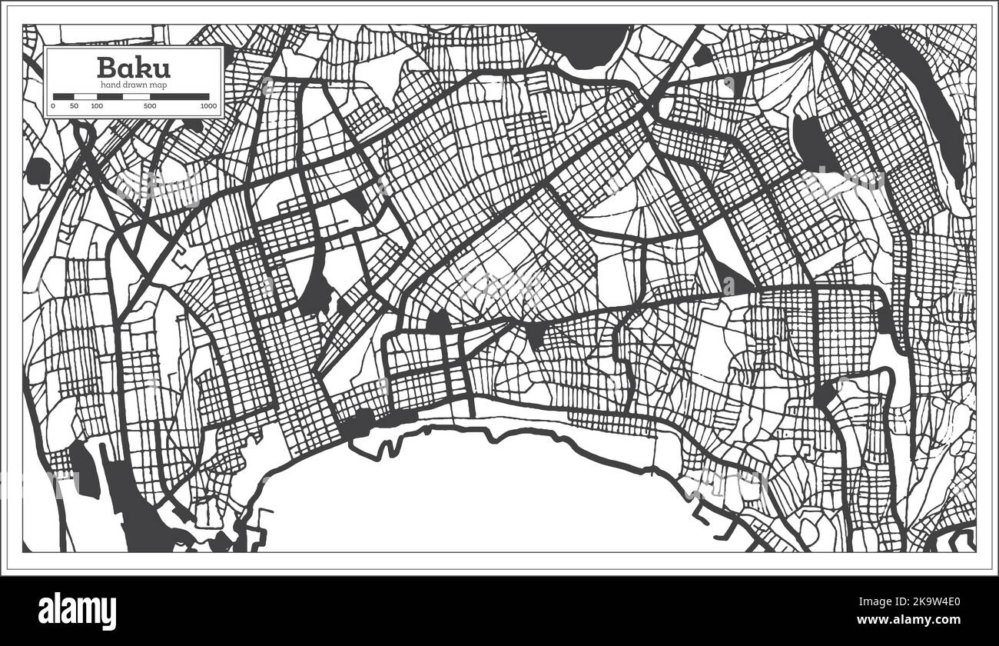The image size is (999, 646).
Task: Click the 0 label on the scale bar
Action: pos(53,105)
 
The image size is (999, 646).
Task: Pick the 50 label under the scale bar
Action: pos(74,105)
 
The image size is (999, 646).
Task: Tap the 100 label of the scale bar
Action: pos(97,105)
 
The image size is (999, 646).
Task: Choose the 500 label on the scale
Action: pos(150,105)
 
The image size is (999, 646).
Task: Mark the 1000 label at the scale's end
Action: pos(207,105)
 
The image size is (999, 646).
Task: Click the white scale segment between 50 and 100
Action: pos(85,97)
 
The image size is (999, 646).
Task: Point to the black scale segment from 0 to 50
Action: pos(64,97)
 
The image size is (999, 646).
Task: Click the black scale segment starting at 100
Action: pos(108,97)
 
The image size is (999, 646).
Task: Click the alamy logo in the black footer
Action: pos(78,611)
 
